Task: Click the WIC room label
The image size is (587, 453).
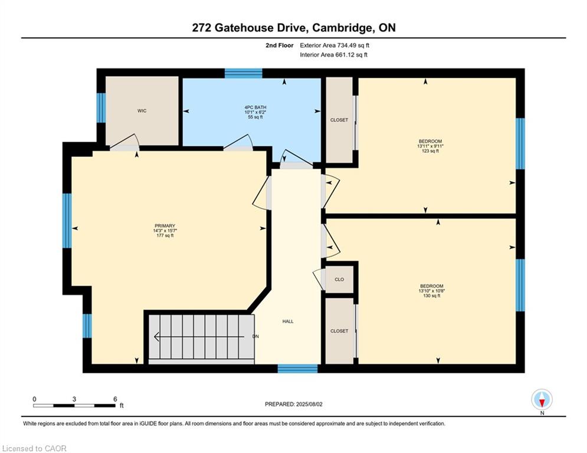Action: [x=142, y=111]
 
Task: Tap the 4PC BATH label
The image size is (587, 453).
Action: [x=255, y=107]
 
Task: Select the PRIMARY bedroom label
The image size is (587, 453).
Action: [x=165, y=226]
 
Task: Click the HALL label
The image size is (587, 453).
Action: [x=288, y=321]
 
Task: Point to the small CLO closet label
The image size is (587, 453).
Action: [x=339, y=279]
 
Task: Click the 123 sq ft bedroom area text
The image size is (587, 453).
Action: [x=430, y=151]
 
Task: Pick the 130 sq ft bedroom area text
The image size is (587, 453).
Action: [x=432, y=296]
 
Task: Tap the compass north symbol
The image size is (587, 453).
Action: [x=542, y=401]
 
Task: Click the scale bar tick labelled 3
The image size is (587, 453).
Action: [x=74, y=399]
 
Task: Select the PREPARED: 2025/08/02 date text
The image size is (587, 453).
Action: [x=294, y=404]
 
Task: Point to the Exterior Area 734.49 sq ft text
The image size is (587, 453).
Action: [x=335, y=45]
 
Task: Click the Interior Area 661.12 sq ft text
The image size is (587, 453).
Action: [x=333, y=55]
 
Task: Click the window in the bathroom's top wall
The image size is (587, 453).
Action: [x=243, y=73]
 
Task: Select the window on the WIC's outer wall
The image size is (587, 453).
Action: [x=101, y=108]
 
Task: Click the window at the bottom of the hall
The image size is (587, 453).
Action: [x=297, y=369]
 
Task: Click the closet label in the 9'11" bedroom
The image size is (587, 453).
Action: [x=339, y=120]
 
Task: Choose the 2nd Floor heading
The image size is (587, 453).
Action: [x=280, y=45]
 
